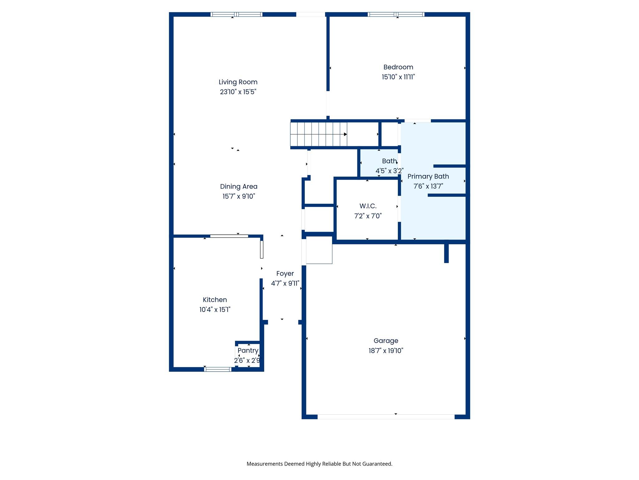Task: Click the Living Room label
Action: [238, 82]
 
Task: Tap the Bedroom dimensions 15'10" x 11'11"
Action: [398, 77]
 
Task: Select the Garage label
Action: [386, 341]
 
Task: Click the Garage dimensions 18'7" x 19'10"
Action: [386, 351]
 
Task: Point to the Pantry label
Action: [248, 350]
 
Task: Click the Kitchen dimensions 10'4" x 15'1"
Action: [215, 309]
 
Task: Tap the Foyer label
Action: [285, 273]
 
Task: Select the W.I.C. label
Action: [368, 206]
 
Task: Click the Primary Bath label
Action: [428, 176]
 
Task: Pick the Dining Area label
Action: [239, 186]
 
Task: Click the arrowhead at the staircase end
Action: [345, 134]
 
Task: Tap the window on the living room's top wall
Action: [236, 14]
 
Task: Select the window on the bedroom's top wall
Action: [396, 14]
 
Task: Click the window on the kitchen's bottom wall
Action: [217, 369]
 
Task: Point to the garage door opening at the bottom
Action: [386, 417]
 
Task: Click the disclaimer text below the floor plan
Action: [319, 464]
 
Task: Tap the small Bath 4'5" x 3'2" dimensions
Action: [389, 171]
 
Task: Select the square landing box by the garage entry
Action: [319, 250]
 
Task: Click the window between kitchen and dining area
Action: [229, 236]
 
